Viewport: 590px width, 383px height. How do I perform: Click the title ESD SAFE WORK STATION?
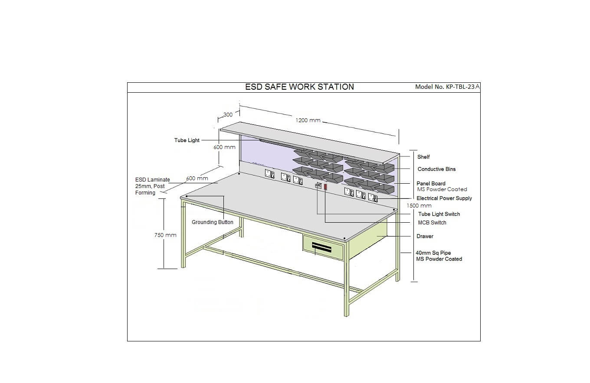click(299, 87)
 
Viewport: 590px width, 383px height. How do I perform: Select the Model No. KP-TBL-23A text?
click(447, 87)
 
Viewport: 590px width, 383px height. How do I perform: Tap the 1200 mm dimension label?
click(308, 120)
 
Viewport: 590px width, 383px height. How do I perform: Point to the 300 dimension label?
click(228, 115)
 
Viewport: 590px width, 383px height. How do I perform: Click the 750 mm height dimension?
click(165, 235)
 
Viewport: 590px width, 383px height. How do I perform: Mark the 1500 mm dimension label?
click(419, 205)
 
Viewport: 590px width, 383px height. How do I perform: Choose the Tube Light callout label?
click(187, 140)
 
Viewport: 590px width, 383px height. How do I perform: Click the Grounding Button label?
click(212, 222)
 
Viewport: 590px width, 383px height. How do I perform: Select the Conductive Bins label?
click(436, 169)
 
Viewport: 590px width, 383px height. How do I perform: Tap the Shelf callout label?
click(423, 157)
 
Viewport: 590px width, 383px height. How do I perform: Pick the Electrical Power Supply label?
click(444, 198)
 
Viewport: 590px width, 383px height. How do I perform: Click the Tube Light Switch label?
click(439, 214)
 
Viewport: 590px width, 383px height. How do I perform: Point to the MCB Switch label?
click(432, 223)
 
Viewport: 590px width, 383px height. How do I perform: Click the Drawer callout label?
click(425, 236)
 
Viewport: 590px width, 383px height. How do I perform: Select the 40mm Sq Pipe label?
click(433, 253)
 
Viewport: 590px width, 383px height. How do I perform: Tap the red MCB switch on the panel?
click(325, 187)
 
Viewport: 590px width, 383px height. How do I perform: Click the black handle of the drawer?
click(321, 247)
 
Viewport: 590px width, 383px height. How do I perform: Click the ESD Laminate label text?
click(153, 180)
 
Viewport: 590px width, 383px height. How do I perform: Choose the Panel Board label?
click(431, 183)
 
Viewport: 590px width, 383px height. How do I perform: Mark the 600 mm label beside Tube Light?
click(224, 147)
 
